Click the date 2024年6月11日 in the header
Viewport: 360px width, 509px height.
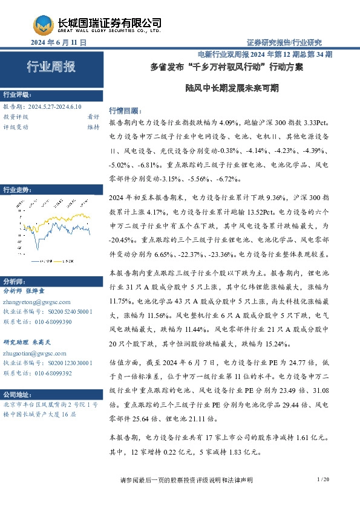point(59,42)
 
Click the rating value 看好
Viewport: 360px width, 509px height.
point(93,117)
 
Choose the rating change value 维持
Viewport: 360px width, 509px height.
point(93,127)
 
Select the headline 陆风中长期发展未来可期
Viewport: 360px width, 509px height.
point(232,87)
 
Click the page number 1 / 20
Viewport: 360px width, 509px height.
point(322,479)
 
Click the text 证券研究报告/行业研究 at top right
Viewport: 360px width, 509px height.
point(284,42)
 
